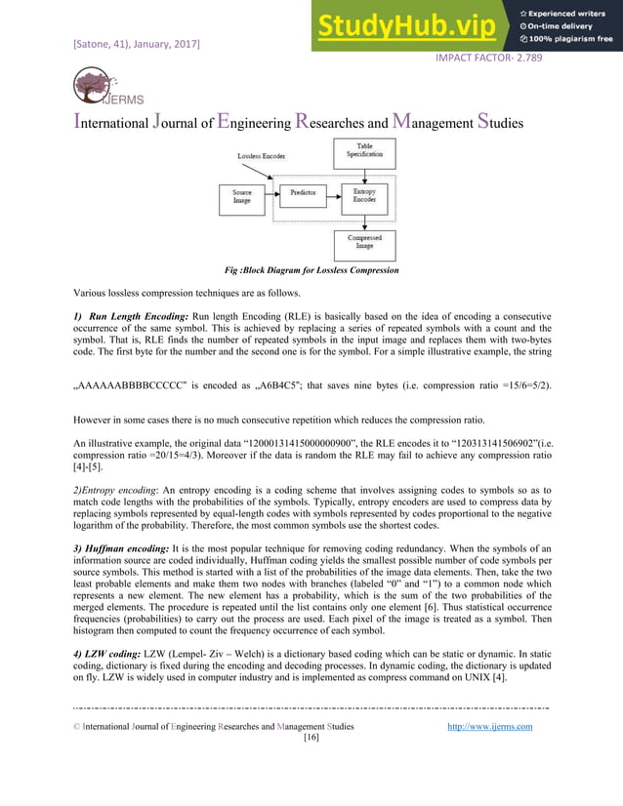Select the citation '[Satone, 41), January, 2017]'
137,45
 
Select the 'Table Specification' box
363,151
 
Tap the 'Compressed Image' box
363,241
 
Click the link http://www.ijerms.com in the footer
488,726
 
